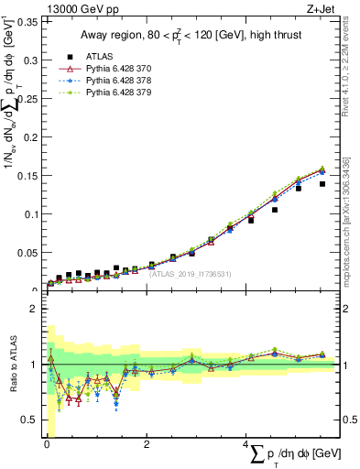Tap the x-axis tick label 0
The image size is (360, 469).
(47, 445)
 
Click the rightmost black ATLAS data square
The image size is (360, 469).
(322, 184)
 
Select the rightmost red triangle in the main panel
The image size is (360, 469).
(322, 169)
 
